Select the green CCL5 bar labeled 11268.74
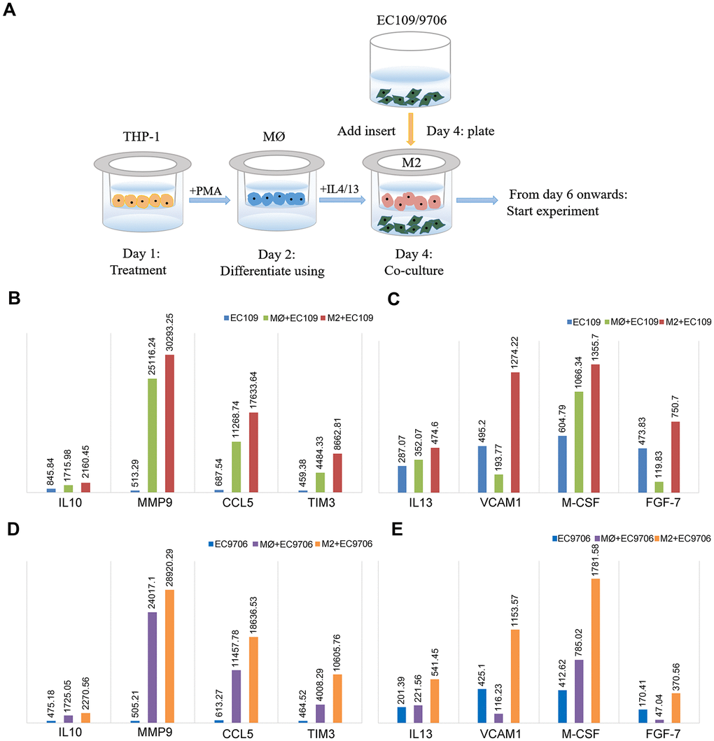[236, 467]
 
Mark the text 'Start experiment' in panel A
[549, 209]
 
